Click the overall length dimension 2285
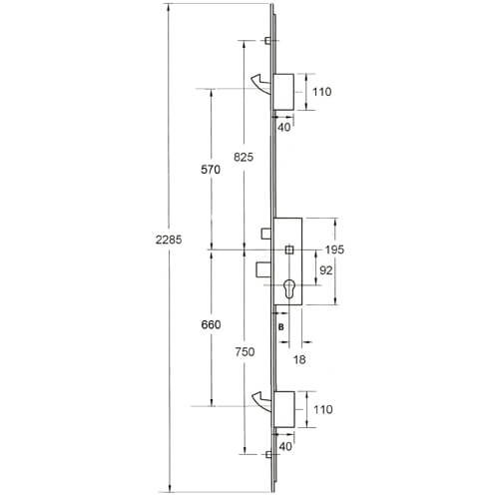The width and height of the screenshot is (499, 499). [x=169, y=240]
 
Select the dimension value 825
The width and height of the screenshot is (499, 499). [x=244, y=157]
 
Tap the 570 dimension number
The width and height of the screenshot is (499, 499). [x=211, y=170]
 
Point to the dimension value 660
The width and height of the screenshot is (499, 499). [x=211, y=324]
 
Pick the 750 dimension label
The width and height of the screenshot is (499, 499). [x=245, y=352]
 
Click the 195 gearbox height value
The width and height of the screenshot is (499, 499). [x=334, y=249]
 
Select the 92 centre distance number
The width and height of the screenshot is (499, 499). [x=326, y=270]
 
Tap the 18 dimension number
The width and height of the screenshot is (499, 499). [x=299, y=359]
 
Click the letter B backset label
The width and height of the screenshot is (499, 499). [x=281, y=327]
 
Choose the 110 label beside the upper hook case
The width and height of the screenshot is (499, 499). [x=322, y=92]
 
